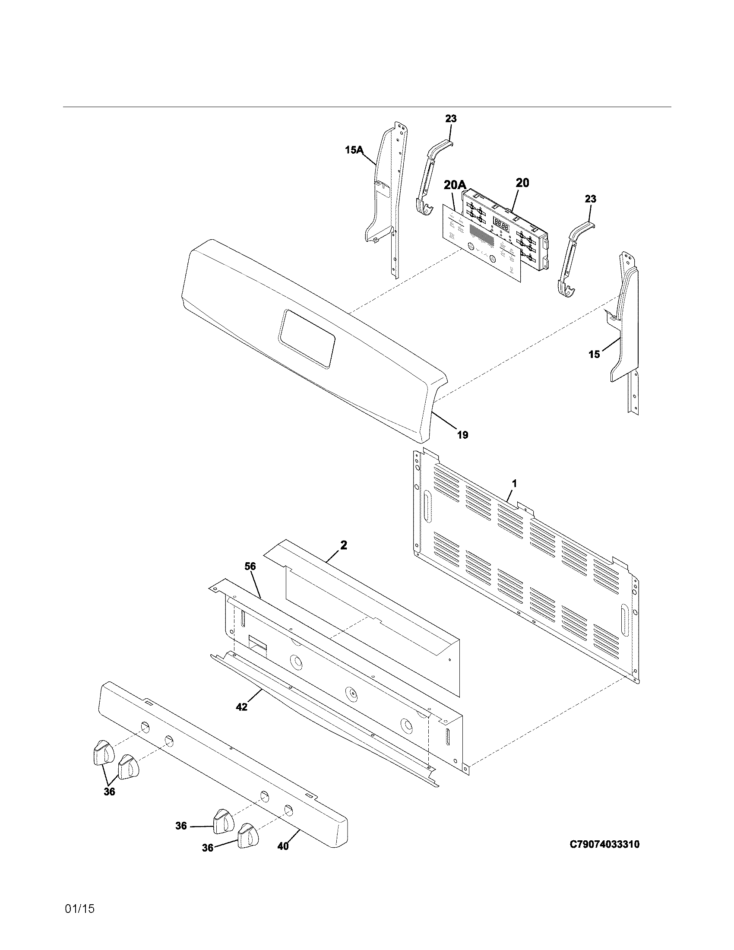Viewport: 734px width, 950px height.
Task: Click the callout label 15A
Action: click(x=354, y=150)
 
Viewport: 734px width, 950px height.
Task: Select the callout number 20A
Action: click(x=455, y=186)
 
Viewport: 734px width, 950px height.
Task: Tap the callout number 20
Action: click(x=522, y=183)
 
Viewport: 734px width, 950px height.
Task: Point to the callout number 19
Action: click(x=462, y=434)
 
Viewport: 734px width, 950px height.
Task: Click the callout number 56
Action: click(x=250, y=566)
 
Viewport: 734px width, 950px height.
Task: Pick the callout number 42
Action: click(x=241, y=707)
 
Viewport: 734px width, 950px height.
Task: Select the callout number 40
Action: click(x=283, y=846)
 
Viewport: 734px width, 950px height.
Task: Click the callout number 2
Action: click(x=344, y=545)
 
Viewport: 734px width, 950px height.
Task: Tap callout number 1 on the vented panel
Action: click(x=514, y=483)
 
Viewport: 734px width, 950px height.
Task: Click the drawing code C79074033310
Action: click(x=604, y=844)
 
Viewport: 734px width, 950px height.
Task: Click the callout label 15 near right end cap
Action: click(x=594, y=354)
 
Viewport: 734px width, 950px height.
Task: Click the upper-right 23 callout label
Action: click(x=590, y=199)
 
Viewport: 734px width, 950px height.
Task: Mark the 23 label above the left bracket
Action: click(x=451, y=118)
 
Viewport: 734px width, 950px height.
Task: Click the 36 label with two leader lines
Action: click(x=109, y=792)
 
